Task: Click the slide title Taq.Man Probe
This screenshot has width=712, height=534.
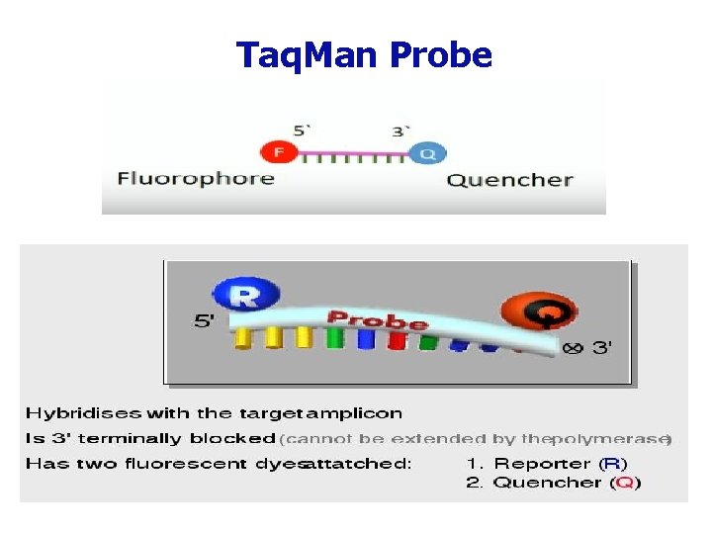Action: [364, 55]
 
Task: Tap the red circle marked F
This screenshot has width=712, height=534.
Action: [278, 152]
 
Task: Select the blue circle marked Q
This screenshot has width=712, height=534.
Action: [427, 153]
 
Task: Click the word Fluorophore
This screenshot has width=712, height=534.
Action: [196, 179]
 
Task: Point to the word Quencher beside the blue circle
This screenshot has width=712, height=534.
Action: [509, 180]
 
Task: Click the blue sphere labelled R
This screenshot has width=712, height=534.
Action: [245, 295]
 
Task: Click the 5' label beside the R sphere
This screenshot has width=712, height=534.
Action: [205, 320]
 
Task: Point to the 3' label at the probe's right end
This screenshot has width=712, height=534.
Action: [601, 347]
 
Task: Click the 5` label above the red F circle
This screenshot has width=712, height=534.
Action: [302, 131]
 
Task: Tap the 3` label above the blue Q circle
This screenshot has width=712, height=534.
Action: [400, 131]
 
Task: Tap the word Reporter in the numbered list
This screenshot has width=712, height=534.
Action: [543, 463]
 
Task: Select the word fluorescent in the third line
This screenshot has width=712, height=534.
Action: [168, 463]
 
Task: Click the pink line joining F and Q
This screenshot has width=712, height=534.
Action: [353, 153]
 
